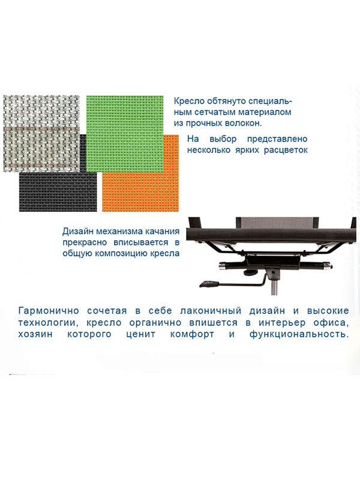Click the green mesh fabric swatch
coord(125,134)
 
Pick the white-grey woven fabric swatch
coord(41,134)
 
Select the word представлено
coord(277,139)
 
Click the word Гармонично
coord(49,311)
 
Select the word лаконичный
coord(211,311)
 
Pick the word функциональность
coord(299,334)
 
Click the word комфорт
coord(192,334)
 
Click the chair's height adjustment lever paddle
coord(209,283)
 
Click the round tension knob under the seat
coord(249,272)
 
